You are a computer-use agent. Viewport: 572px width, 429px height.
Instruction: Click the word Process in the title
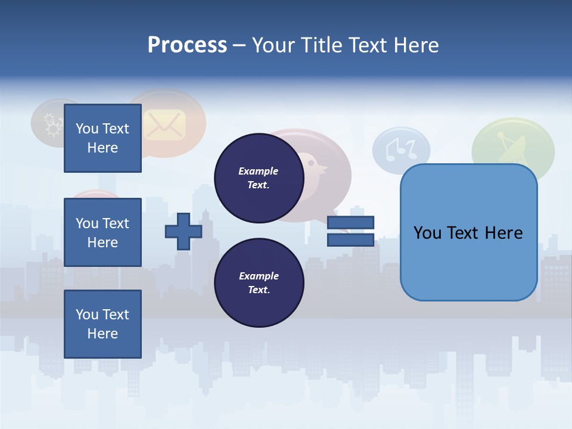click(x=187, y=45)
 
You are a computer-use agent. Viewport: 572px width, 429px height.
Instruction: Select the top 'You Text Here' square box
click(x=102, y=138)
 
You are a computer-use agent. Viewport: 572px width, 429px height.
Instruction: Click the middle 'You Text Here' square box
click(x=102, y=232)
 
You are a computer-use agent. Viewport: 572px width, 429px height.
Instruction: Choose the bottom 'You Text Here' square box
click(x=102, y=324)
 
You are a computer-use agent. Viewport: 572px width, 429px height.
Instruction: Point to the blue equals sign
click(x=350, y=231)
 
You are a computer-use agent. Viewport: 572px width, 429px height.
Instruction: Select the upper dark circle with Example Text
click(x=259, y=178)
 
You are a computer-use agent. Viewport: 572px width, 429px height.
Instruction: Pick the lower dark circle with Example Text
click(x=259, y=283)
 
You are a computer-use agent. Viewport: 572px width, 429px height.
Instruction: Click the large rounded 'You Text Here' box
click(x=468, y=232)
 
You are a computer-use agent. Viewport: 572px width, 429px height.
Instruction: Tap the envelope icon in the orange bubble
click(x=165, y=125)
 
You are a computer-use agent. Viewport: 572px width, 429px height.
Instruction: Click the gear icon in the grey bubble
click(x=54, y=126)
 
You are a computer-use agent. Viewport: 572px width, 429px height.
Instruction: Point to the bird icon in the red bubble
click(x=314, y=167)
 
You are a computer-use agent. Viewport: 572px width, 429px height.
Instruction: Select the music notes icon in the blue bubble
click(x=400, y=149)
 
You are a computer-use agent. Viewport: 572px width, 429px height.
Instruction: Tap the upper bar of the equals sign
click(x=350, y=222)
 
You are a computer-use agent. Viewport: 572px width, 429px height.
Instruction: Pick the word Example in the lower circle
click(x=259, y=276)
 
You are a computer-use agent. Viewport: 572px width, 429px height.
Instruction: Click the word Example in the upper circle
click(x=259, y=171)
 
